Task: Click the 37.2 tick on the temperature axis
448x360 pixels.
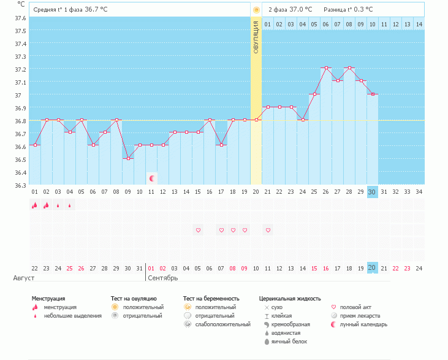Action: point(20,69)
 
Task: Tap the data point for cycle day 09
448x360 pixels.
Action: point(128,158)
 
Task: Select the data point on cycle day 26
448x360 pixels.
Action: point(326,67)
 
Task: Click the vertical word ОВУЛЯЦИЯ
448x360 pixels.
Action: point(256,37)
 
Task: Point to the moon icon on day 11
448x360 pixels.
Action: point(152,178)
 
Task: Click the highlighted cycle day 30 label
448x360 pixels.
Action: point(372,192)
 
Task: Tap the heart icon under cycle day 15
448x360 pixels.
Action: point(198,230)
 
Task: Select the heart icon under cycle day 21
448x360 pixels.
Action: point(268,230)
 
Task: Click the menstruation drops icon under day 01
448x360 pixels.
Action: point(34,205)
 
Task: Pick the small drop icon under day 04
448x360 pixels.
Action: point(70,205)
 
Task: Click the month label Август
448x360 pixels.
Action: point(24,278)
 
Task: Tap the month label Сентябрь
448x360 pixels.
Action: point(163,278)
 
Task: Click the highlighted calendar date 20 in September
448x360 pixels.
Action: point(372,267)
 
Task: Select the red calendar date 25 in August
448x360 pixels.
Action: point(69,269)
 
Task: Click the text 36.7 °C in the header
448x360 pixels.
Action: point(96,9)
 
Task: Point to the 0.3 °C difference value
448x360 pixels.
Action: point(363,9)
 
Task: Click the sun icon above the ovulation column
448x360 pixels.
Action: point(256,10)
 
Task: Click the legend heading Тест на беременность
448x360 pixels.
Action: point(211,299)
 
